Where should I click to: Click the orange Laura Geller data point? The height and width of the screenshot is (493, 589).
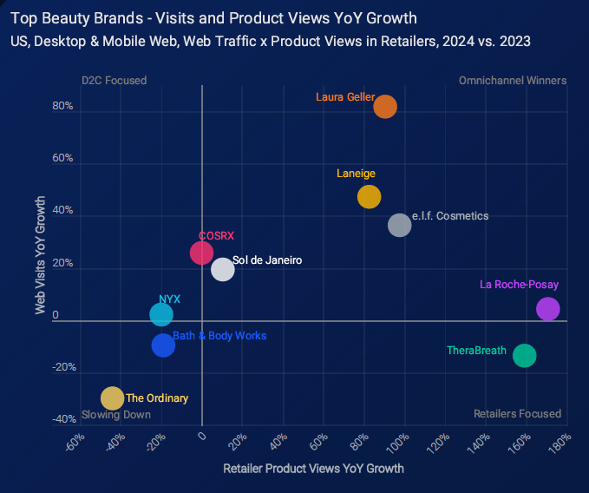pyautogui.click(x=385, y=106)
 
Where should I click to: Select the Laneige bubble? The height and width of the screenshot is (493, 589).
pyautogui.click(x=370, y=197)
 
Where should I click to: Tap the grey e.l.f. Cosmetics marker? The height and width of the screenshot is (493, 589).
pyautogui.click(x=399, y=225)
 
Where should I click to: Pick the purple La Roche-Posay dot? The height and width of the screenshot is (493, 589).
pyautogui.click(x=548, y=309)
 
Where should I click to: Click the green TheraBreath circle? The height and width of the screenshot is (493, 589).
pyautogui.click(x=524, y=355)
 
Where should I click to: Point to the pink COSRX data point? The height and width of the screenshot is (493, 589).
pyautogui.click(x=201, y=253)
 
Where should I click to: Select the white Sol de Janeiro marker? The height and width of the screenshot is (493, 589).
pyautogui.click(x=223, y=269)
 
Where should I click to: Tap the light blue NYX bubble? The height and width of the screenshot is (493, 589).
pyautogui.click(x=161, y=314)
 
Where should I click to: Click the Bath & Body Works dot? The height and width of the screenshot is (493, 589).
pyautogui.click(x=163, y=345)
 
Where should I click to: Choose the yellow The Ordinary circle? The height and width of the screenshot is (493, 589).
pyautogui.click(x=112, y=398)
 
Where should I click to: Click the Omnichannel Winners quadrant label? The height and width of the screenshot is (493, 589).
pyautogui.click(x=512, y=81)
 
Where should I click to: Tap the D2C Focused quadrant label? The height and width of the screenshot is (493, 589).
pyautogui.click(x=114, y=81)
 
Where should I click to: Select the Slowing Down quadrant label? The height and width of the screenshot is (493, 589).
pyautogui.click(x=116, y=414)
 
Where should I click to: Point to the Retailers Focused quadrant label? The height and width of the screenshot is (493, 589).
pyautogui.click(x=517, y=414)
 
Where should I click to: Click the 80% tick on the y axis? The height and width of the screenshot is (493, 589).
pyautogui.click(x=62, y=107)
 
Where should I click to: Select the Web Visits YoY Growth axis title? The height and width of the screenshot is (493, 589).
pyautogui.click(x=40, y=254)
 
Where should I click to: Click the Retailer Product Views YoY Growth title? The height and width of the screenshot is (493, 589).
pyautogui.click(x=313, y=469)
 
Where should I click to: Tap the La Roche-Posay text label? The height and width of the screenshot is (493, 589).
pyautogui.click(x=519, y=285)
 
